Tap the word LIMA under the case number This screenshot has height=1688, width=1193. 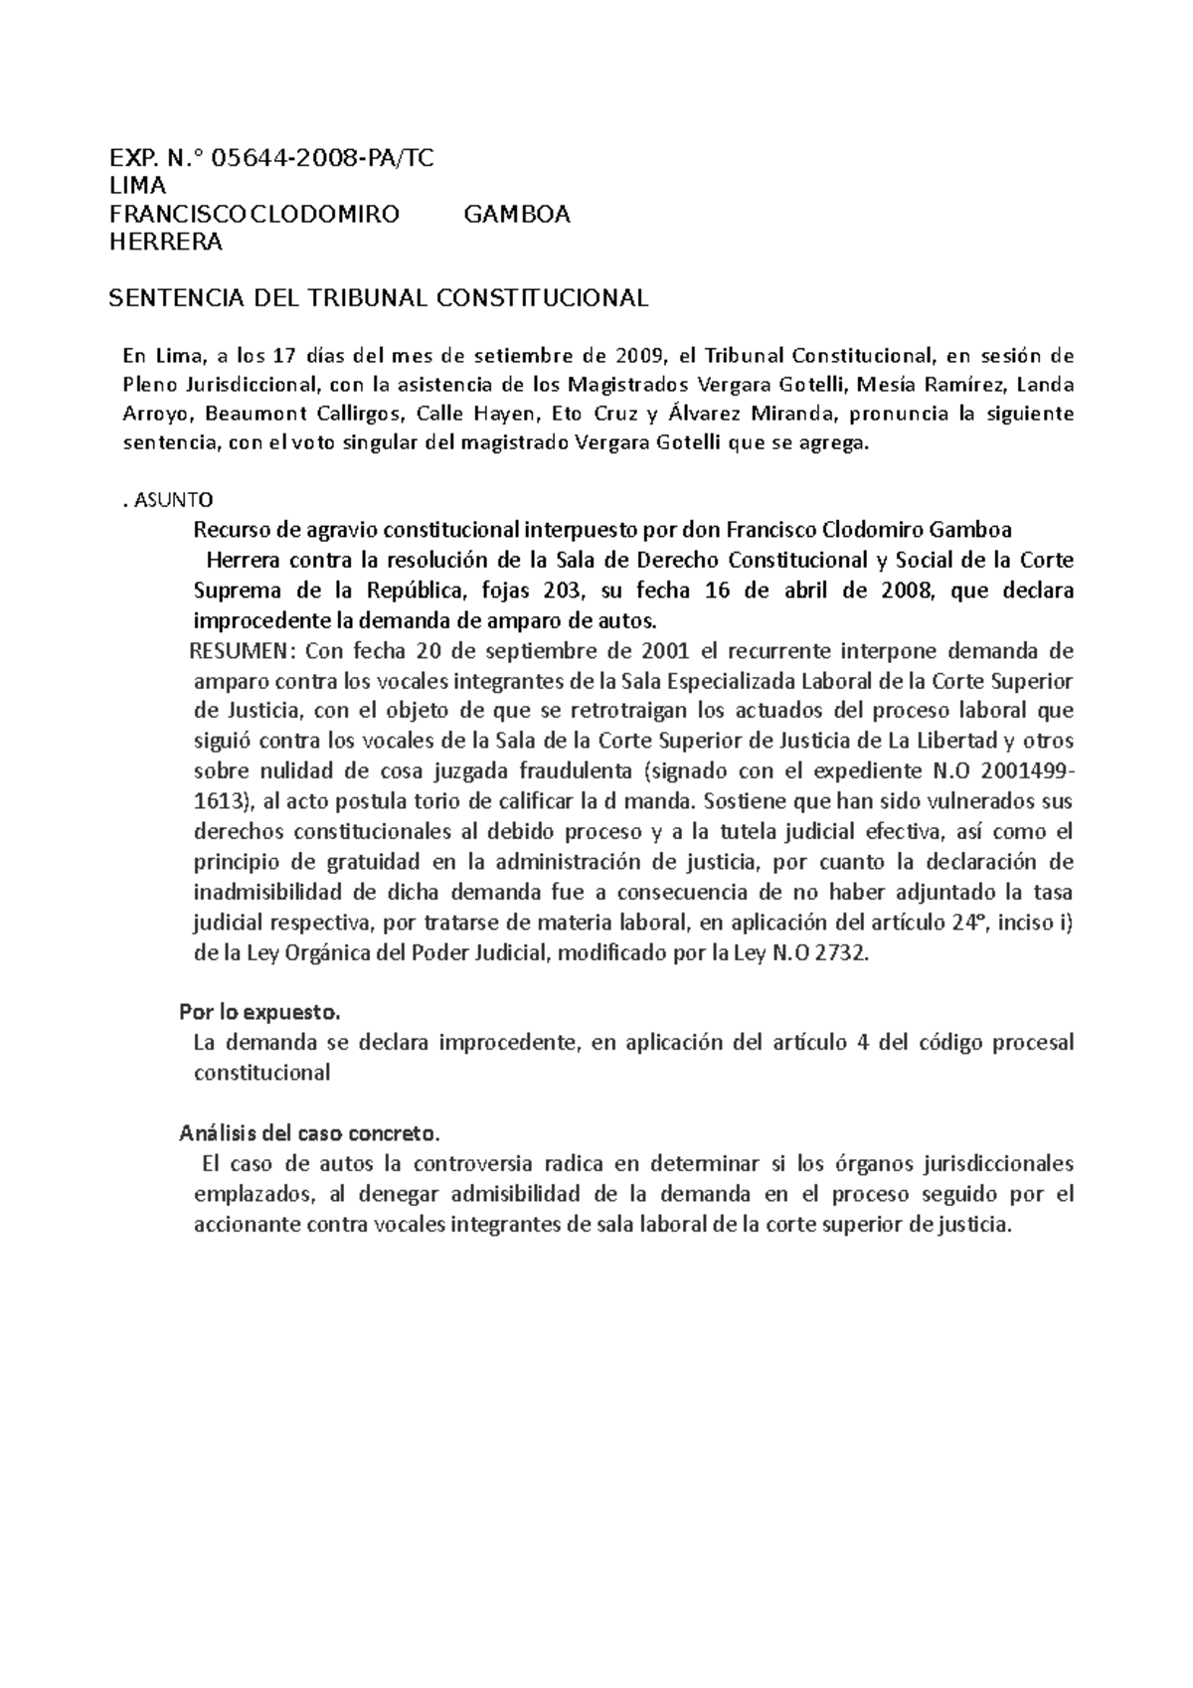click(x=137, y=187)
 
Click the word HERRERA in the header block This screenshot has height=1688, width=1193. click(x=165, y=243)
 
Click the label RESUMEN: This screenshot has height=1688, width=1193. click(x=244, y=651)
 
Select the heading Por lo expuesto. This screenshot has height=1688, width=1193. click(x=259, y=1013)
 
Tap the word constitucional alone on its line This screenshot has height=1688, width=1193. click(x=261, y=1074)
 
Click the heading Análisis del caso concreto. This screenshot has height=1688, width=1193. click(x=309, y=1133)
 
